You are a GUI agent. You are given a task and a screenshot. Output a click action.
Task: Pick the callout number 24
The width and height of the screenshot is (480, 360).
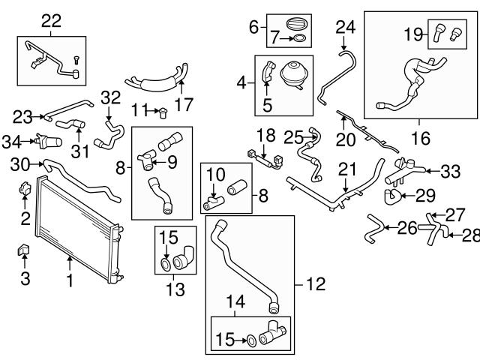345,28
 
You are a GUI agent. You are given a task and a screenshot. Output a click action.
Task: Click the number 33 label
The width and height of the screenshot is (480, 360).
449,172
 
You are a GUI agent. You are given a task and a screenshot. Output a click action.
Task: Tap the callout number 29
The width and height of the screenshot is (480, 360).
426,196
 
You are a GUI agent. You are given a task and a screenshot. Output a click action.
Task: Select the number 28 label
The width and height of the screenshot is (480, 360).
470,235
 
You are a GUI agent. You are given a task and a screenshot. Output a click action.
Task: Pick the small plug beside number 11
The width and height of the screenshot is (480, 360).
162,113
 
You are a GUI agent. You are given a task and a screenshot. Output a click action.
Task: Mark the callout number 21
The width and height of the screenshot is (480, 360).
345,170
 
